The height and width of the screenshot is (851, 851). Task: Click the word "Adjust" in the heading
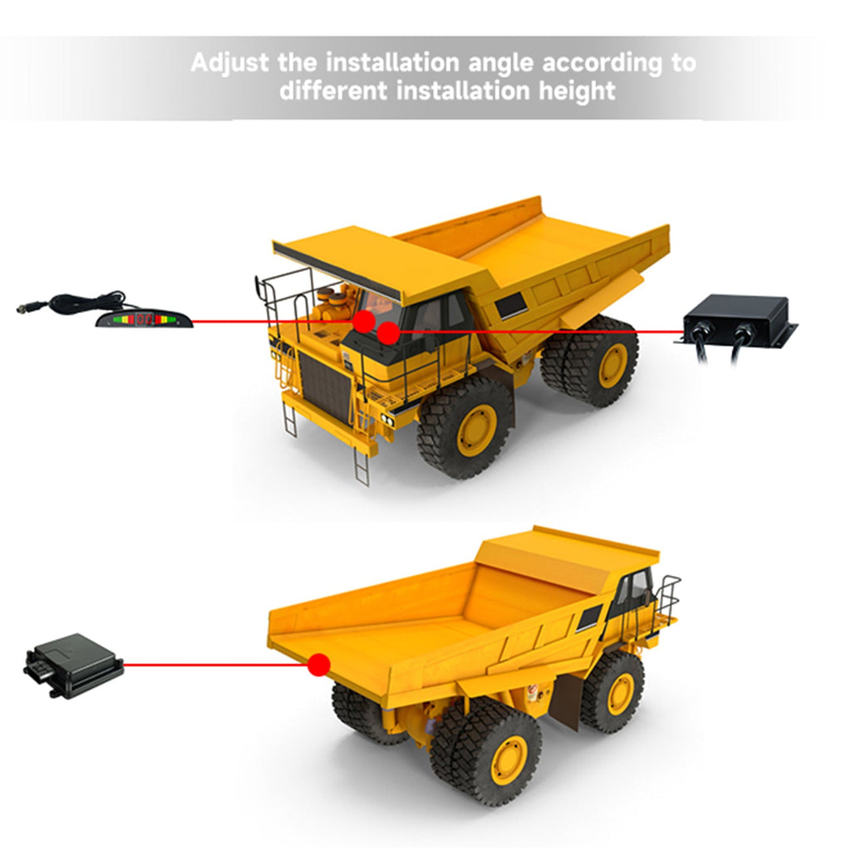(229, 63)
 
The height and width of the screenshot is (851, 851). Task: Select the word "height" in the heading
(578, 91)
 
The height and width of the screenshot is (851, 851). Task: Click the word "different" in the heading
(333, 90)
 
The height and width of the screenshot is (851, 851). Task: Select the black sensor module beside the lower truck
(73, 666)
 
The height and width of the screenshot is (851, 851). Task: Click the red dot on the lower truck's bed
(318, 665)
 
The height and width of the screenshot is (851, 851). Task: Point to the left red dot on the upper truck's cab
(364, 322)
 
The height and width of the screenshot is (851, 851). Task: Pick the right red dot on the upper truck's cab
(388, 333)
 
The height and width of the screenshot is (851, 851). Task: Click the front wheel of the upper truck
(465, 429)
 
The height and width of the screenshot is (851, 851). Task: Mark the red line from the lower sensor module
(215, 664)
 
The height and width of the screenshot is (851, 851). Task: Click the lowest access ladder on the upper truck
(362, 466)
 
